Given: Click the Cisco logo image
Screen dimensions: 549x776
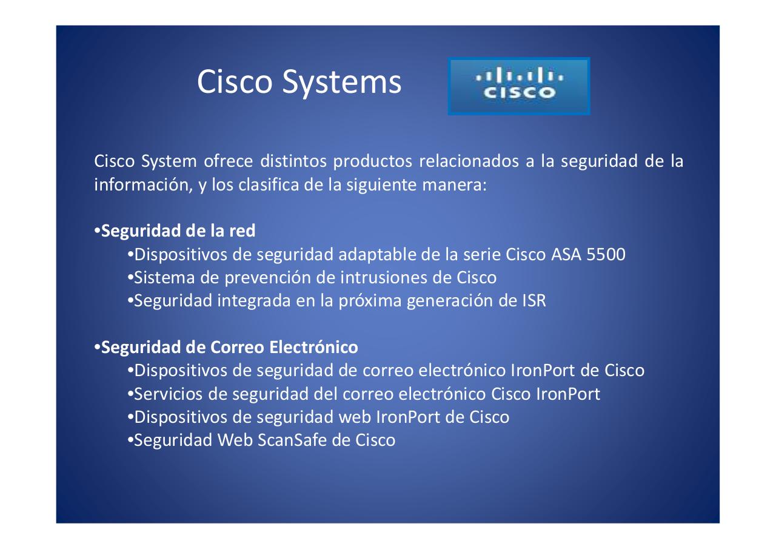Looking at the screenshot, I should click(518, 86).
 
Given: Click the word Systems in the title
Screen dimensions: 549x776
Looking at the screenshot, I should click(341, 82).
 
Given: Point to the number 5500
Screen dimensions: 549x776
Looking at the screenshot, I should click(606, 255).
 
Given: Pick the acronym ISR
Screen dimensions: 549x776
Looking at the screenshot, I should click(533, 301).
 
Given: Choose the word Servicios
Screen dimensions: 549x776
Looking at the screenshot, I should click(168, 394).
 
